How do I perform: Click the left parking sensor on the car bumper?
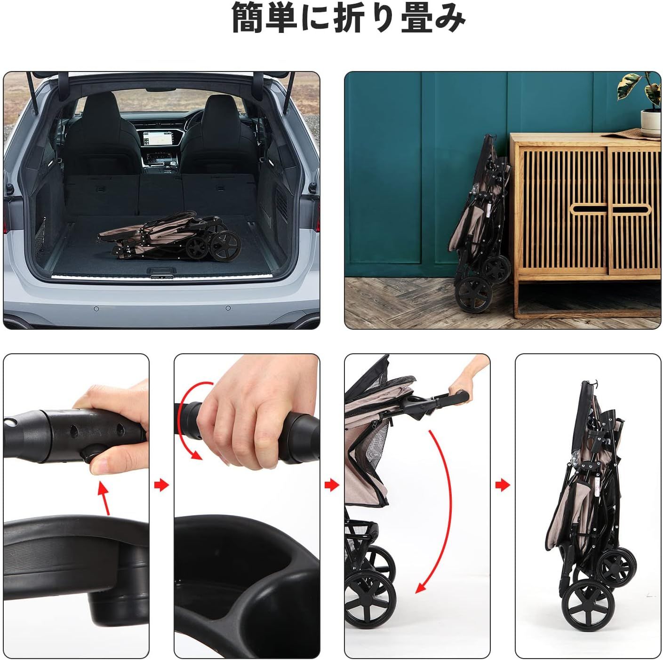pos(96,309)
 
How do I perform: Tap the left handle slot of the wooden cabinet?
pos(589,209)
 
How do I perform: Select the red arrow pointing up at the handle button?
pos(105,498)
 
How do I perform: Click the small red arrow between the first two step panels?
pos(161,485)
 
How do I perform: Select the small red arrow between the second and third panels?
pos(332,485)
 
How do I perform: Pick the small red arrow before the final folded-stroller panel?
pos(503,485)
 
